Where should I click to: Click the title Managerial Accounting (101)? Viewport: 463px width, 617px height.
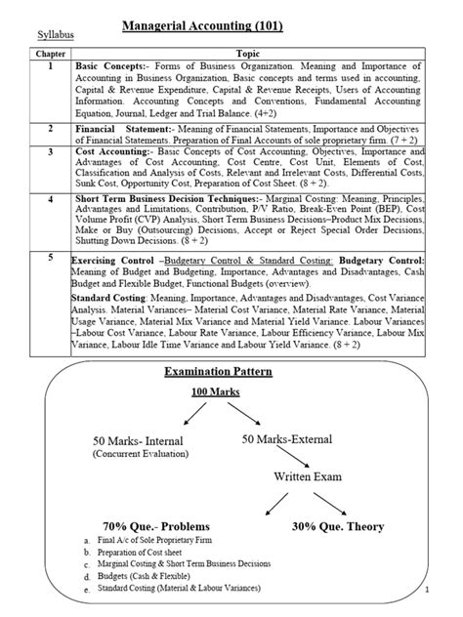(x=202, y=25)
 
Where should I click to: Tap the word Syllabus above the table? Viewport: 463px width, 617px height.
(x=56, y=36)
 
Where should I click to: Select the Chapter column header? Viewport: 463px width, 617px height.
(x=51, y=53)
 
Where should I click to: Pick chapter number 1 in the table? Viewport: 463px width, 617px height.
(x=51, y=64)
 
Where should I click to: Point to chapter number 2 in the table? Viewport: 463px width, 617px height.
(x=51, y=128)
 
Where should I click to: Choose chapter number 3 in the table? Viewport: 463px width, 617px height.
(x=51, y=152)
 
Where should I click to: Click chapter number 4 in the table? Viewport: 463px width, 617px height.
(x=51, y=198)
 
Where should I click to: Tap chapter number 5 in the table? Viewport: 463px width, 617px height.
(x=51, y=255)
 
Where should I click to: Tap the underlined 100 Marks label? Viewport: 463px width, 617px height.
(x=216, y=391)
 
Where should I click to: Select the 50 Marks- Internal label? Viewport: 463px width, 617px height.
(x=138, y=440)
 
